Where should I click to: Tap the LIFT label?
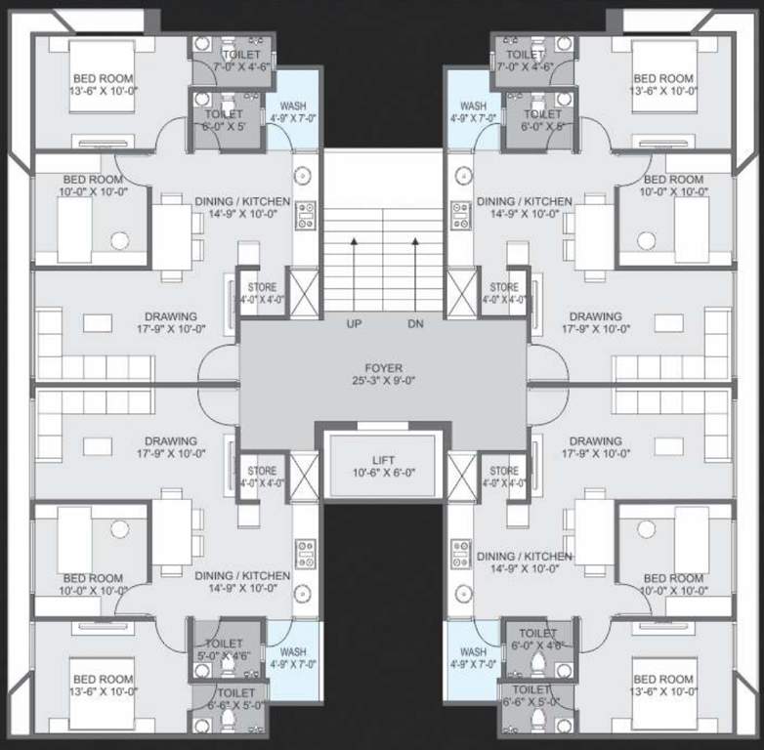pos(382,459)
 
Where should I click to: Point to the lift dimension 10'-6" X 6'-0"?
pos(382,473)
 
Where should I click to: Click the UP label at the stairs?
pos(354,323)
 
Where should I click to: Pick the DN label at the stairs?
pos(414,323)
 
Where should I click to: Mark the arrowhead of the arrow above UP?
pos(354,239)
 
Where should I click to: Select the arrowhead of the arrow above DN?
pos(414,239)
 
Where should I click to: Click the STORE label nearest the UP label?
pos(261,288)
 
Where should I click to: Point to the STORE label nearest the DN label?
pos(504,288)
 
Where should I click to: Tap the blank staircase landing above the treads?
pos(382,176)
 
